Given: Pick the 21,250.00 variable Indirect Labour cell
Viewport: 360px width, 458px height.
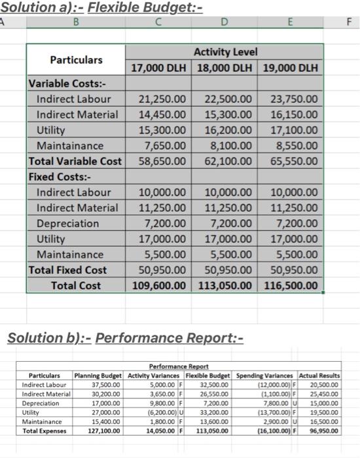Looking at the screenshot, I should coord(163,99).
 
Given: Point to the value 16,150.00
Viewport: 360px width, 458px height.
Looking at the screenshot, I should coord(294,114).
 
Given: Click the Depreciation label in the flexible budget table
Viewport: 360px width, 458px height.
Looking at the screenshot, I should coord(67,223).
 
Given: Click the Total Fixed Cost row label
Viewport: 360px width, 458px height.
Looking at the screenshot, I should coord(67,270).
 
